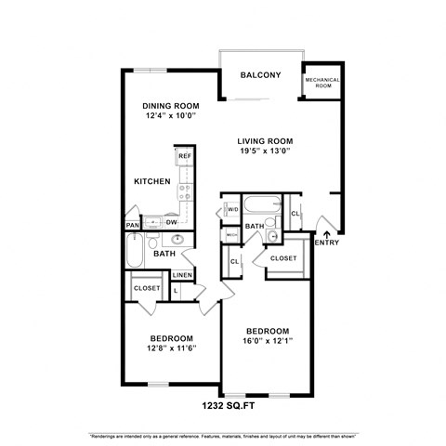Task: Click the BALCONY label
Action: click(260, 75)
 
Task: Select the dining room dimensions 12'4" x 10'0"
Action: click(164, 118)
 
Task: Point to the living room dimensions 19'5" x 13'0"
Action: click(265, 152)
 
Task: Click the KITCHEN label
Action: click(151, 181)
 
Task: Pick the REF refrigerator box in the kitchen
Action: click(184, 157)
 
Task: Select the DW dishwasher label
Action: click(171, 222)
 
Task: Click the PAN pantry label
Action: click(133, 224)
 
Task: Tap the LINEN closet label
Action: click(183, 275)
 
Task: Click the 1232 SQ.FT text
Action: click(227, 405)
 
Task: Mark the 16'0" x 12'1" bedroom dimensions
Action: click(267, 343)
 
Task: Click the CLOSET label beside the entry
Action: click(283, 258)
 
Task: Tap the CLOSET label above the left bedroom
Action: click(146, 289)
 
